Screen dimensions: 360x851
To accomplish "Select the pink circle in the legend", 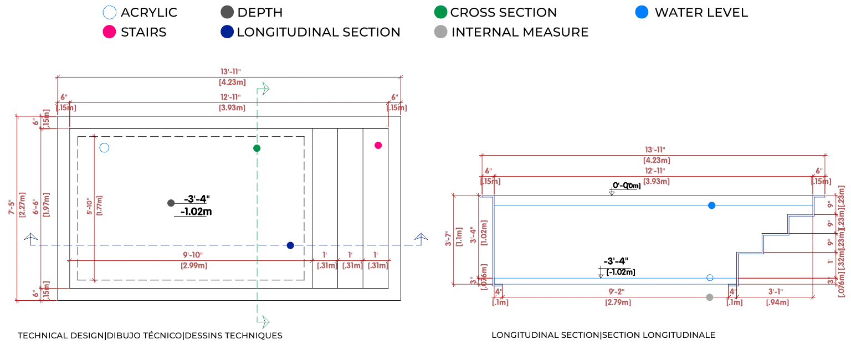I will (x=109, y=32).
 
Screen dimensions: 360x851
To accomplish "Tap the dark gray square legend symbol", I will (x=225, y=12).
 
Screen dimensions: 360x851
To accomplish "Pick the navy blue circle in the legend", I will (x=227, y=32).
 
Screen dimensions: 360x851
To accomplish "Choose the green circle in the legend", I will (x=441, y=12).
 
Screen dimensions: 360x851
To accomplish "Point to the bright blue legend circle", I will (x=642, y=12).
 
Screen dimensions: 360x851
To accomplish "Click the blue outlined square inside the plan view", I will (x=104, y=148).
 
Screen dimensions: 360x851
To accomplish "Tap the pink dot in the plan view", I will (x=378, y=145).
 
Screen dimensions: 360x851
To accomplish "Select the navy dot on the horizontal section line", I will (x=290, y=245).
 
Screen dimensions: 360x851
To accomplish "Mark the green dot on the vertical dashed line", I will (x=257, y=148).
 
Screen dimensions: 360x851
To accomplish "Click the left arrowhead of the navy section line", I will (x=31, y=240).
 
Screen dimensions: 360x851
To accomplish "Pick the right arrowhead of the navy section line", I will (x=422, y=239).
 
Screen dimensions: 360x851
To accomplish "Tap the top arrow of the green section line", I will (x=264, y=89).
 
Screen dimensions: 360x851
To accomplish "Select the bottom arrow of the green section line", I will (x=264, y=321).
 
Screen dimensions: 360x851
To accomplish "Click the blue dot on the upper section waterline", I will (x=712, y=206).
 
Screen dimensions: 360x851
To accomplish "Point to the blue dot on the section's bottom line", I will (x=709, y=277).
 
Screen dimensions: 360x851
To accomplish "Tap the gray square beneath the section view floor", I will (x=709, y=296).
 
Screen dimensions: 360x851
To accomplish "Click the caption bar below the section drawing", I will (x=604, y=335).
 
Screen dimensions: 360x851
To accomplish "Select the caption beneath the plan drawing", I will (x=151, y=336).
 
